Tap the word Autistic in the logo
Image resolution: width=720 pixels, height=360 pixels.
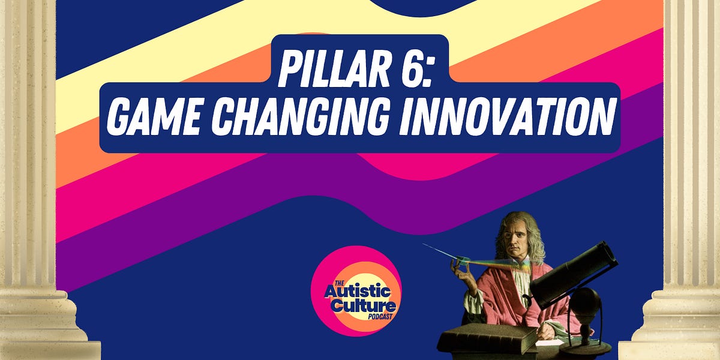click(x=358, y=292)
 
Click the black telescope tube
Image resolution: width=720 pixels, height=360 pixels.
click(x=573, y=271)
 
